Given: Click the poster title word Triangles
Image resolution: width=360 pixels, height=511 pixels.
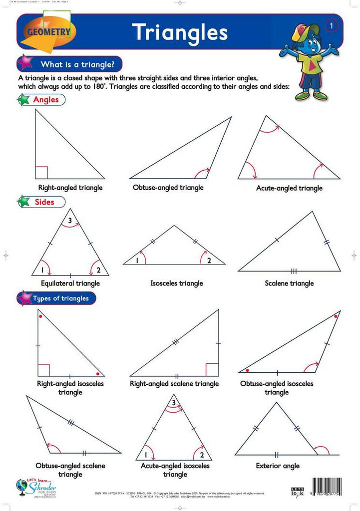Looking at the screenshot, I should [180, 32].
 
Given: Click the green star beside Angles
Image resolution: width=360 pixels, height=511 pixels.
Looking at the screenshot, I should [23, 100].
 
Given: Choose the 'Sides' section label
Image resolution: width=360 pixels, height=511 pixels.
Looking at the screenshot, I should [44, 202].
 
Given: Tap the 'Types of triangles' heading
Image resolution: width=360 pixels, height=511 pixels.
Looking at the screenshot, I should [60, 298].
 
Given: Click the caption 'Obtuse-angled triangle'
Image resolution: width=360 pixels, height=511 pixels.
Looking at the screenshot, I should [168, 188].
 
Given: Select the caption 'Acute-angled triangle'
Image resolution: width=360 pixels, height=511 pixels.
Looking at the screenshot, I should [289, 188].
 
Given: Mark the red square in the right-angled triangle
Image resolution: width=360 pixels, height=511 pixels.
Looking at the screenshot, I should [41, 173].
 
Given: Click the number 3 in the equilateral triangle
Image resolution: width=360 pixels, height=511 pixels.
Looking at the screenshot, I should [70, 220].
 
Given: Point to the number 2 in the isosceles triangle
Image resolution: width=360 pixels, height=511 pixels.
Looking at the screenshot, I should [209, 260].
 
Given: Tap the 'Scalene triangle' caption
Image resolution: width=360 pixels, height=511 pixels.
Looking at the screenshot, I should [289, 283].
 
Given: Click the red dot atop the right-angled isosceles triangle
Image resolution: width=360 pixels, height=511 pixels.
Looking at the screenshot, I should [40, 316].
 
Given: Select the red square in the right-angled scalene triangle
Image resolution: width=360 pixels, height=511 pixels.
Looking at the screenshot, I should [212, 370].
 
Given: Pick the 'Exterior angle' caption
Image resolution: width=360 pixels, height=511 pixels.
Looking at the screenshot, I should [278, 466].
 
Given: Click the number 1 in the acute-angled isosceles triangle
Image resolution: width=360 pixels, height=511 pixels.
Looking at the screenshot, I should [145, 455].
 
